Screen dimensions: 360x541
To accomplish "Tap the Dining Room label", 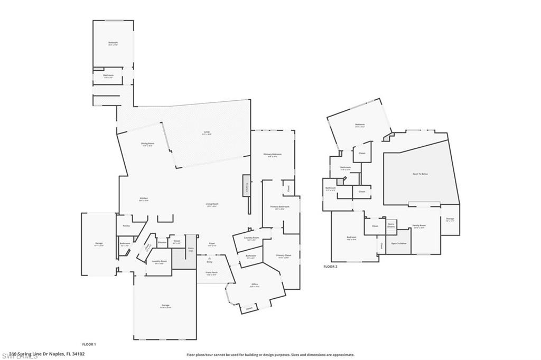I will (133, 144).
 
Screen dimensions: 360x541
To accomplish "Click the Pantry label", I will (126, 226).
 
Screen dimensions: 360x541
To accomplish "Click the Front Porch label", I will (212, 273).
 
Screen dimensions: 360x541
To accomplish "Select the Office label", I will (255, 285).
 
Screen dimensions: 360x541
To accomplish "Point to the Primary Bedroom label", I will (273, 155).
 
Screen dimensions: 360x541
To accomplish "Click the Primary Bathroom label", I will (280, 207).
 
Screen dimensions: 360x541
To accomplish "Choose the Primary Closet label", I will (283, 256).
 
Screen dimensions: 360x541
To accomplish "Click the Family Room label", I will (419, 225).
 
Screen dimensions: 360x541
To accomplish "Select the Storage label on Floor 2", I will (450, 219).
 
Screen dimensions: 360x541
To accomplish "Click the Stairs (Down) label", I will (391, 225).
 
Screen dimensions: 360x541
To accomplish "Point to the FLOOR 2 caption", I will (330, 267).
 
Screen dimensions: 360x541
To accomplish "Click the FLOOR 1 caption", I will (89, 344).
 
